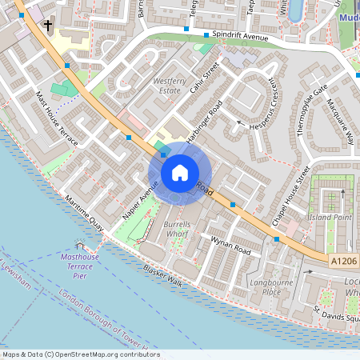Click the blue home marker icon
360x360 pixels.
click(x=180, y=172)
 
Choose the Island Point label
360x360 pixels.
click(x=330, y=217)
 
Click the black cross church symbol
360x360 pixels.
click(x=48, y=26)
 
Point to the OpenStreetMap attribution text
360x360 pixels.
click(x=80, y=354)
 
